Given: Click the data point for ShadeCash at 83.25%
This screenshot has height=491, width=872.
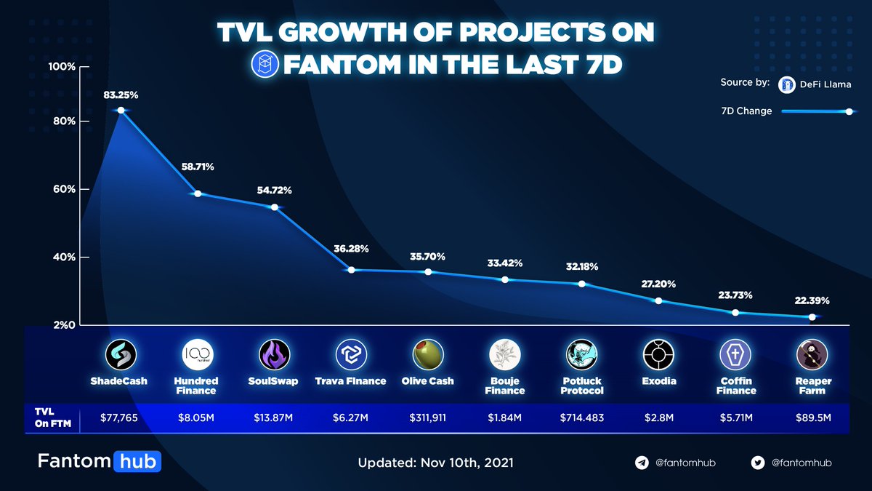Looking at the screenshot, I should point(121,110).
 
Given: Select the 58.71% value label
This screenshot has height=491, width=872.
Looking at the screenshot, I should point(198,167).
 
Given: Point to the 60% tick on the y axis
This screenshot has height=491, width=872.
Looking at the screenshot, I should point(62,189).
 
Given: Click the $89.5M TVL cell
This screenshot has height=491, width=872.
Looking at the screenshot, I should point(812,419).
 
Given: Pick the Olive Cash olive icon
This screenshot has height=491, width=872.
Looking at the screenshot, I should point(427,355).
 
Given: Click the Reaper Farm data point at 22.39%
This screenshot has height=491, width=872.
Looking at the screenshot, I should point(812,316).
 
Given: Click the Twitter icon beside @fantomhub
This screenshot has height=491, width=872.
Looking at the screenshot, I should point(758,463).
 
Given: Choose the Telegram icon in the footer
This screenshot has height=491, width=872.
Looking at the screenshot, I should point(642,463).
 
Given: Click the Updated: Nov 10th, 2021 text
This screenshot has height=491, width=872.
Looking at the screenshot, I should point(436,463).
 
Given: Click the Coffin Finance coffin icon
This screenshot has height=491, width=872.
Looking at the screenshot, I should point(736,355).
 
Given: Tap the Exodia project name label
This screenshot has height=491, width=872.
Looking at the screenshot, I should point(660,381).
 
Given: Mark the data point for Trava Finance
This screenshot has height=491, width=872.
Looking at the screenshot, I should point(351,270).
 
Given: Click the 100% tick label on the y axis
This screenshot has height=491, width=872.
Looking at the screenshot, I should point(62,67).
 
